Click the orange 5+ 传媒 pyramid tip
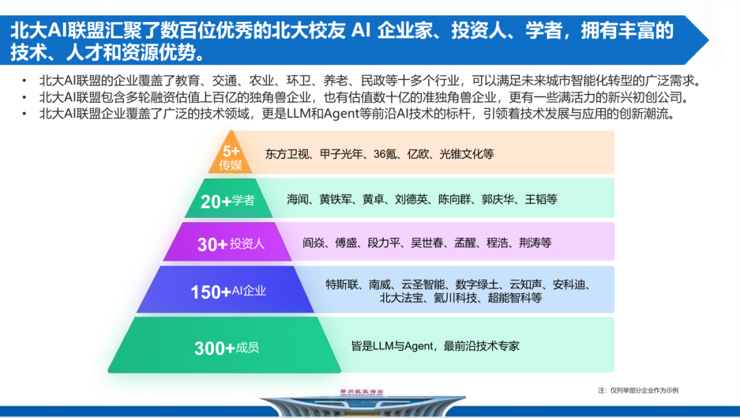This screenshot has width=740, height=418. tap(230, 153)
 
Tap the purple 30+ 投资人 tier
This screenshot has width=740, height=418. tap(228, 242)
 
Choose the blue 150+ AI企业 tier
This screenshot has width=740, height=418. tap(226, 290)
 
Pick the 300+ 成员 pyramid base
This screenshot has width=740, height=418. tap(224, 345)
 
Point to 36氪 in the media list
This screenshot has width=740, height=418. tap(385, 153)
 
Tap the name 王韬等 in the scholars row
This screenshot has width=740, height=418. tap(541, 199)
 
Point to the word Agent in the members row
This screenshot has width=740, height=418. tap(419, 346)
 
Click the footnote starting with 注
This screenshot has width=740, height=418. tap(638, 390)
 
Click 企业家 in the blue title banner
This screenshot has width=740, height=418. tap(406, 31)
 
